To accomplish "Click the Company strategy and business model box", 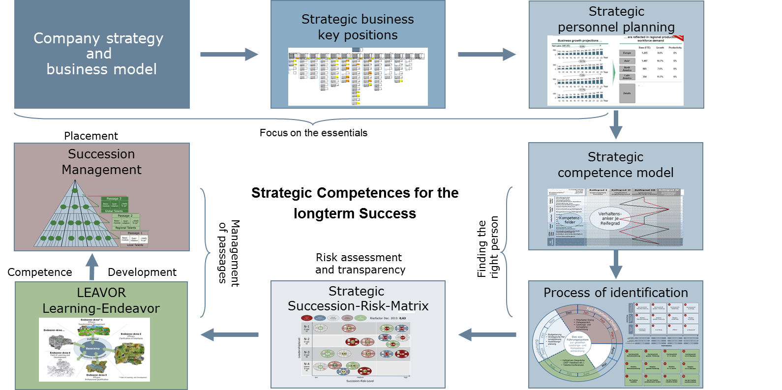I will (102, 54).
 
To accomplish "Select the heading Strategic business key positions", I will (358, 27).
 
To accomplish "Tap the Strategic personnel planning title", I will (616, 19).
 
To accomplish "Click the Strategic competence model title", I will (615, 165).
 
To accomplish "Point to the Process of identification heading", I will (615, 293).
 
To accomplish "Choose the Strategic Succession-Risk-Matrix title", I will (358, 299).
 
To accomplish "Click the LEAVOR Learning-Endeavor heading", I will (101, 300).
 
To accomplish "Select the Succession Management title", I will (101, 162).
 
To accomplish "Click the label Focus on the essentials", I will (313, 133).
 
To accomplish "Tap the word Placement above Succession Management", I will (91, 136).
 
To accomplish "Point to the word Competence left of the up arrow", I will (40, 272).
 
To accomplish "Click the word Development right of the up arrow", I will (142, 272).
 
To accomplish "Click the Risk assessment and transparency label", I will (360, 264).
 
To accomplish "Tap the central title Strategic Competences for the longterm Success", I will (355, 203).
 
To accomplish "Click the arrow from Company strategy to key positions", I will (229, 54).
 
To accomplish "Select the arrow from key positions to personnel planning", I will (487, 54).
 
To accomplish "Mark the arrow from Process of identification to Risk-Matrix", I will (487, 335).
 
